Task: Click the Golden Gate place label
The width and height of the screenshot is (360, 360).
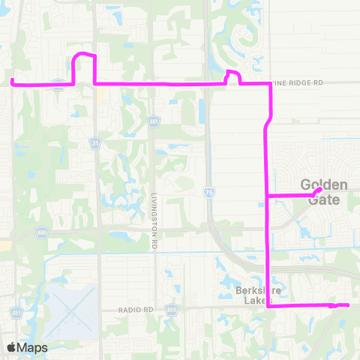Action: point(324,192)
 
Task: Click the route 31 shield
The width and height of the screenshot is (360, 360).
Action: point(95,142)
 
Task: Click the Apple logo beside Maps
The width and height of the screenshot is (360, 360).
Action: point(12,347)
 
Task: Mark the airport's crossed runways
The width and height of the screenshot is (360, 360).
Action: point(71,311)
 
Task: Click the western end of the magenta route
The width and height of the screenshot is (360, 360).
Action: point(13,79)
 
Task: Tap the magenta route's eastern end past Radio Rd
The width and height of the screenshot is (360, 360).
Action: point(348,304)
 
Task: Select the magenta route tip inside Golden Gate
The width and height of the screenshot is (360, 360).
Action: point(320,189)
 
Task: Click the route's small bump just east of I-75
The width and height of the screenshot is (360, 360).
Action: point(232,73)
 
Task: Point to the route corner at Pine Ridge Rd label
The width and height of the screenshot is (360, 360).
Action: point(268,84)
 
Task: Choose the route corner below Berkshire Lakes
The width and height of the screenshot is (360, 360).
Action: point(268,306)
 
